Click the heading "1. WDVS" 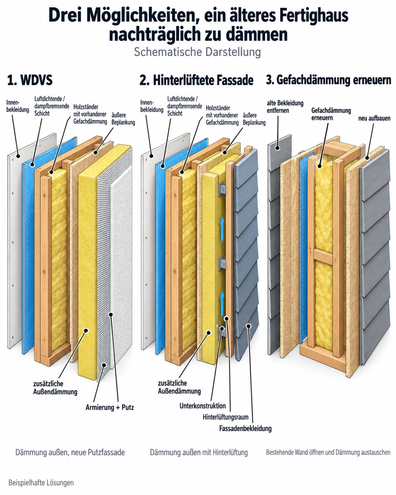coord(30,80)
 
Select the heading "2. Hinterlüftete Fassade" coord(196,80)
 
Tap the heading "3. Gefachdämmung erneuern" coord(329,80)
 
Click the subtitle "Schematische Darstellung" coord(198,52)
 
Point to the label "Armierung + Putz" coord(110,407)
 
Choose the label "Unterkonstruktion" coord(203,406)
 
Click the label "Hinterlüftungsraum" coord(226,417)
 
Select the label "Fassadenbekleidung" coord(245,428)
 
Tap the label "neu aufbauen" coord(374,118)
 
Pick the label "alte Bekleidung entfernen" coord(285,107)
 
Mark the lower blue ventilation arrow coord(222,304)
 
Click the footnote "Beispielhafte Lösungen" coord(41,483)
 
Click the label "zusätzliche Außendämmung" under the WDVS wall coord(55,388)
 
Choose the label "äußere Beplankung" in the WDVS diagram coord(123,119)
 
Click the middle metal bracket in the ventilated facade coord(223,263)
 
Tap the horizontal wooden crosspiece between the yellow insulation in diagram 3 coord(323,256)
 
